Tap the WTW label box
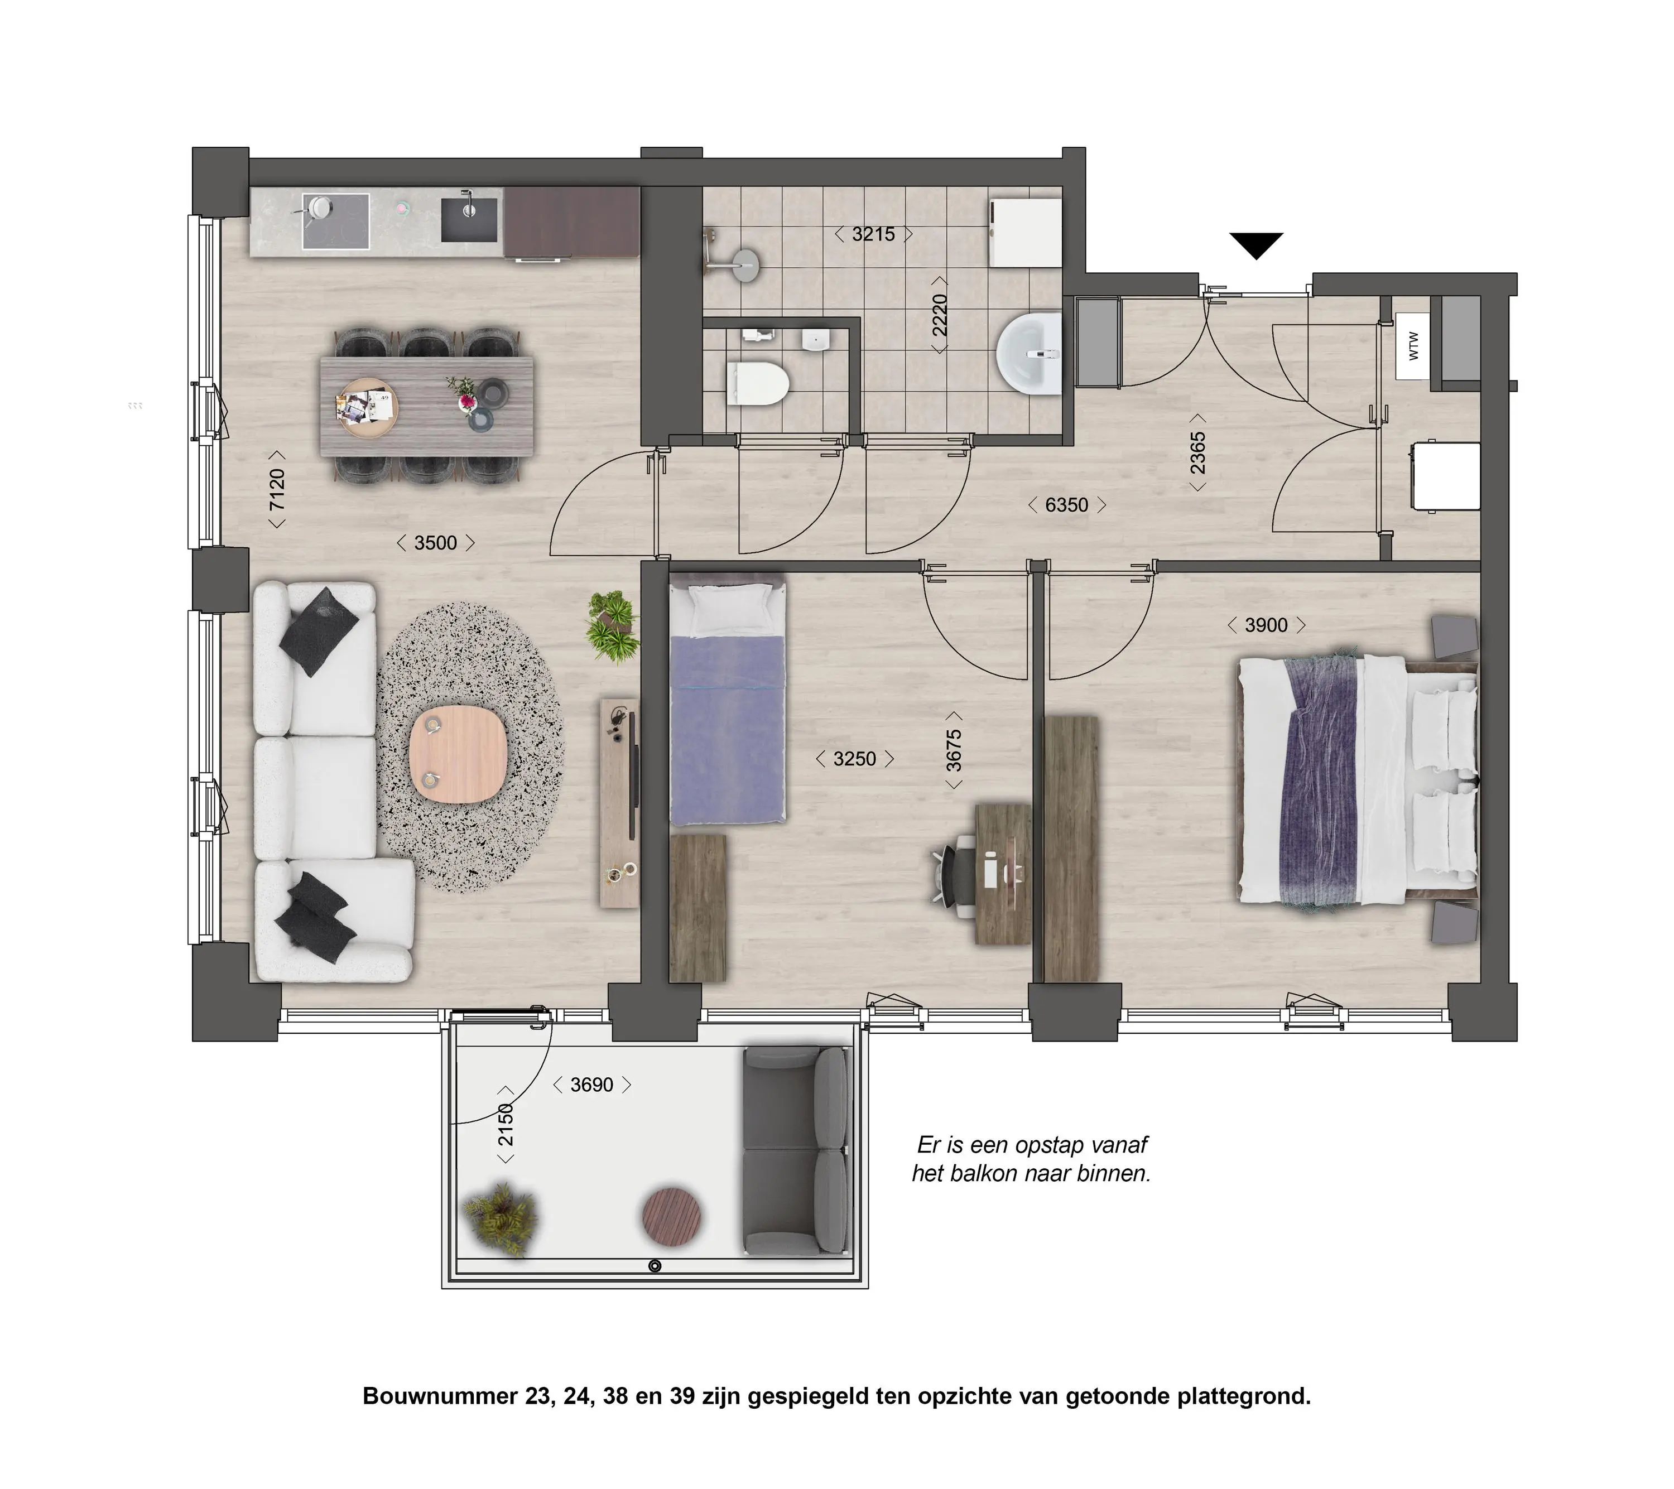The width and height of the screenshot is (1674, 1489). point(1413,346)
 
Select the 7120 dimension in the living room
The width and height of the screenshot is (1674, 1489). point(278,489)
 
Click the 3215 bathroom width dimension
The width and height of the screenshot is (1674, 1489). point(873,234)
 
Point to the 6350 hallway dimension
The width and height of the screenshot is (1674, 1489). point(1066,504)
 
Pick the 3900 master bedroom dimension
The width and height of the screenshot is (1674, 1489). point(1266,625)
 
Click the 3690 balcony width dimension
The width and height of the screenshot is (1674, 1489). point(591,1085)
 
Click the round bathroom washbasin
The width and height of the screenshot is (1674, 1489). point(1028,353)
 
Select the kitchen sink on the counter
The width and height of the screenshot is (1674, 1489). point(470,219)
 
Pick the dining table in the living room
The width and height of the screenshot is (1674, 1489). point(427,406)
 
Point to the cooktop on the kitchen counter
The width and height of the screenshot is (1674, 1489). point(336,220)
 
